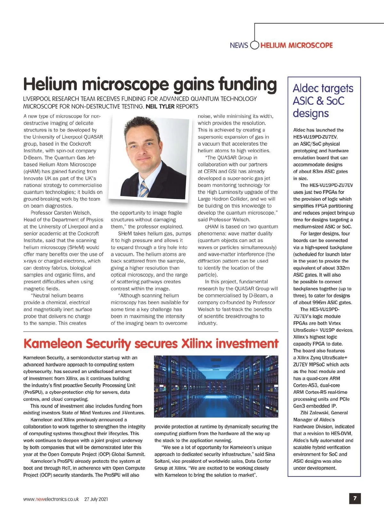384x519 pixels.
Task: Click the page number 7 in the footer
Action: pyautogui.click(x=355, y=498)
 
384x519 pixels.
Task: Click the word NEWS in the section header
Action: pyautogui.click(x=239, y=45)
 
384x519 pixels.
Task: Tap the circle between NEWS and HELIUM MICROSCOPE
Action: pyautogui.click(x=254, y=45)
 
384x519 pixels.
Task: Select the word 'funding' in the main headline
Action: pyautogui.click(x=247, y=84)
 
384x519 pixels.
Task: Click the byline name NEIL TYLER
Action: pyautogui.click(x=160, y=106)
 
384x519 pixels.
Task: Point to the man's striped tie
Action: pyautogui.click(x=144, y=189)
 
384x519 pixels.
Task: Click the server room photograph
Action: pyautogui.click(x=216, y=386)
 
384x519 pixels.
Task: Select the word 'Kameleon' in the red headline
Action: pyautogui.click(x=53, y=344)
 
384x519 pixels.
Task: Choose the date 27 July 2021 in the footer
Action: pyautogui.click(x=96, y=499)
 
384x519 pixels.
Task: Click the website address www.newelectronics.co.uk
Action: pyautogui.click(x=51, y=499)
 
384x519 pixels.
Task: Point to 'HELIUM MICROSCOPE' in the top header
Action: pyautogui.click(x=297, y=45)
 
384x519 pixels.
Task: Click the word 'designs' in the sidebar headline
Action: pyautogui.click(x=311, y=113)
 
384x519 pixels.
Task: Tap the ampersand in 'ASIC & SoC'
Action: pyautogui.click(x=320, y=101)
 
